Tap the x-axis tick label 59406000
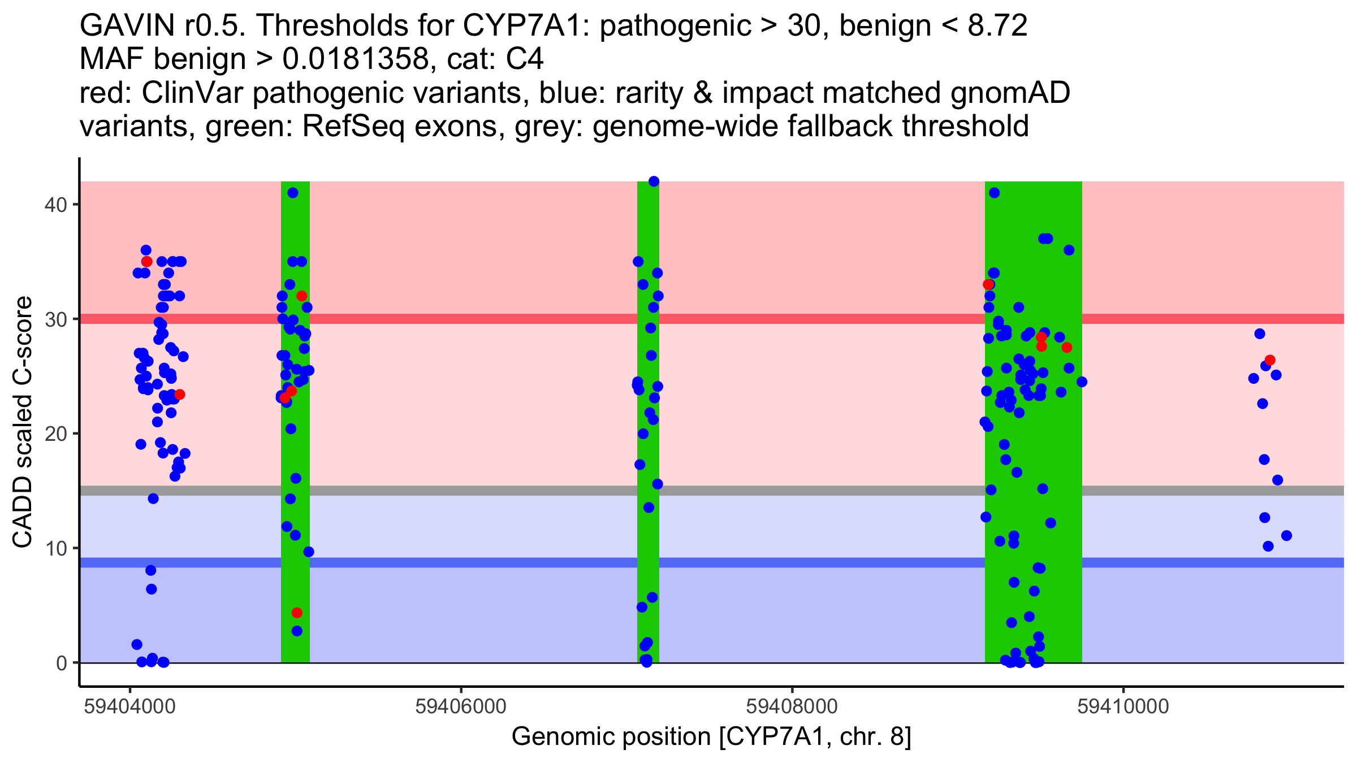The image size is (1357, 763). point(461,706)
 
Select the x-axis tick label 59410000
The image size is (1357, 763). point(1123,706)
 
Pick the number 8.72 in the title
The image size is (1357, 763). point(997,25)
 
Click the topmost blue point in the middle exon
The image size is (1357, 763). point(654,181)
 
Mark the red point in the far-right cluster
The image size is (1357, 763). point(1270,360)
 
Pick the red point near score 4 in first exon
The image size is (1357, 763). point(297,613)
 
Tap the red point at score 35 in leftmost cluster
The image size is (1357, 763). point(147,261)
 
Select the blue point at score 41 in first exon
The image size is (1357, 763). point(292,193)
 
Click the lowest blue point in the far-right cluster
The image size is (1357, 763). point(1268,546)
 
